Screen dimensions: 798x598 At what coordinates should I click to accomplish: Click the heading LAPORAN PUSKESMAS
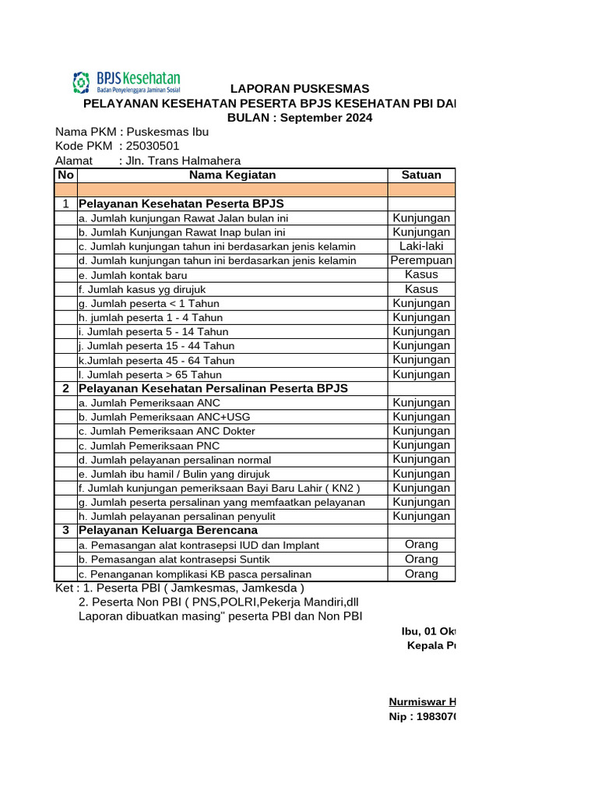(299, 89)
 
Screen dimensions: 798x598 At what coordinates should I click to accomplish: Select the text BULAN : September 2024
(299, 118)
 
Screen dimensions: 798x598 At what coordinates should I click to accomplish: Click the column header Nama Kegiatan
(232, 175)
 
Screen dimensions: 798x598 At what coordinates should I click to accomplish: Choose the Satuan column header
(421, 175)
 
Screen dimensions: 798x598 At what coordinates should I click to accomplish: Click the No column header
(65, 175)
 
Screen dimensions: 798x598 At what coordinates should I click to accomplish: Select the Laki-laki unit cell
(421, 246)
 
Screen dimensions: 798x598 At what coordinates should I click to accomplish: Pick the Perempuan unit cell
(421, 260)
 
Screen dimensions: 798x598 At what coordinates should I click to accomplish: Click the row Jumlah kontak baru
(133, 275)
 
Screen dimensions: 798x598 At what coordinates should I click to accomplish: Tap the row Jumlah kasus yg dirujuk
(142, 289)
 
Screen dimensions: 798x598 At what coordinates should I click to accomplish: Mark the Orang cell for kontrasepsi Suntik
(421, 559)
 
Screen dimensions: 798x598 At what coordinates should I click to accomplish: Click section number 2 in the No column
(65, 388)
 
